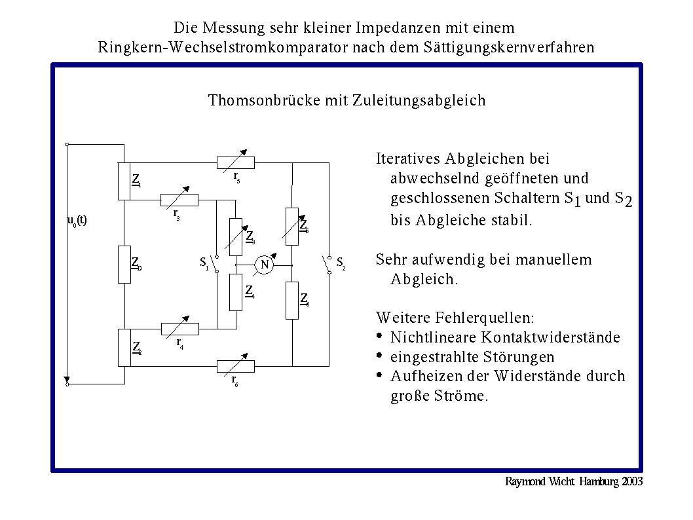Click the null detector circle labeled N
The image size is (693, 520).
(265, 265)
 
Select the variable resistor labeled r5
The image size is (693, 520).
(236, 162)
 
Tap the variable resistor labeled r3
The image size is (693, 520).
(179, 200)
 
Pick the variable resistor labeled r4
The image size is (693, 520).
(180, 328)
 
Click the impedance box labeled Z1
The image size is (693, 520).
(124, 181)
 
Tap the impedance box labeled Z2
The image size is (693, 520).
(124, 347)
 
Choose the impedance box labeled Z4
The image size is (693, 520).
(236, 292)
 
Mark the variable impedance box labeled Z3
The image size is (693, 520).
(236, 236)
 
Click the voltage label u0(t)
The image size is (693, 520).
(77, 220)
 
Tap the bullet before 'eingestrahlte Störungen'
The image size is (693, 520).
(379, 356)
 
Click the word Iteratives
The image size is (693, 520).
(408, 158)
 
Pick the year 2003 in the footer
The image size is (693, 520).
(631, 481)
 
